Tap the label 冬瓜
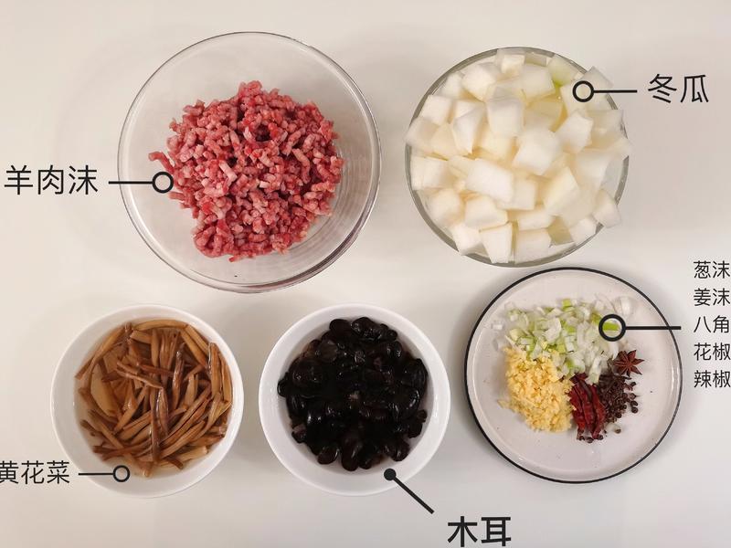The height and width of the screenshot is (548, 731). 677,90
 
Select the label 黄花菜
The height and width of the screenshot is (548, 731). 35,474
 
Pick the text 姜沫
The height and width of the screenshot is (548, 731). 712,298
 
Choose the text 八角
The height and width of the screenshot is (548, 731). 712,325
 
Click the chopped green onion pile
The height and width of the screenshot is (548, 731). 557,333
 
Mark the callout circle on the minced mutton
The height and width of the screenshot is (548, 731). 163,182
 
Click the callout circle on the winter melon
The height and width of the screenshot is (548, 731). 582,90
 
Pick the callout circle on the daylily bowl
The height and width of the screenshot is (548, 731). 121,473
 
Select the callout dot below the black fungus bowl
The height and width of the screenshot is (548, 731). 391,474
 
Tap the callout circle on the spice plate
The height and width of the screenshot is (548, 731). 610,325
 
